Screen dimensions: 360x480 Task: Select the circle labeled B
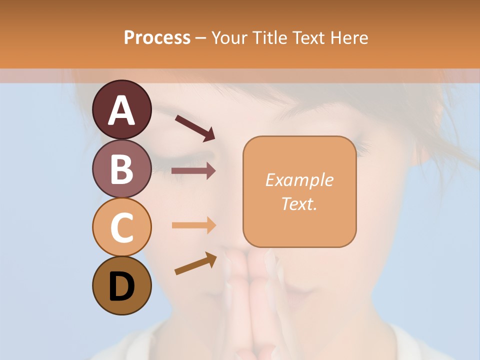121,168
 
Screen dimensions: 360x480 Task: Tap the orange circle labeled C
121,227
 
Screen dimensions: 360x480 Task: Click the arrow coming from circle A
194,127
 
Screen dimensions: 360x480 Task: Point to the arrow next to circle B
193,171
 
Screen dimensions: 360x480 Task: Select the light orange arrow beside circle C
193,225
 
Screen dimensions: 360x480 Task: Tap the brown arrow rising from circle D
195,263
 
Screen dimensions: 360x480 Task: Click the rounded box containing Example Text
299,191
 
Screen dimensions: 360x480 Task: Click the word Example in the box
299,180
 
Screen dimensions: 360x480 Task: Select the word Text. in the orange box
299,204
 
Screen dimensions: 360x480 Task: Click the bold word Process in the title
157,37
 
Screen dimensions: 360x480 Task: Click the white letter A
121,111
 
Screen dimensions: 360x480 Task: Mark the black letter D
121,287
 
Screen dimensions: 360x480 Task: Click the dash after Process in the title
200,38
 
